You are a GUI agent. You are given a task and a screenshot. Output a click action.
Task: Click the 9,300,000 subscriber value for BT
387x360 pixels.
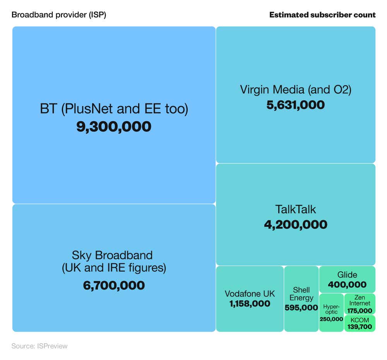(114, 127)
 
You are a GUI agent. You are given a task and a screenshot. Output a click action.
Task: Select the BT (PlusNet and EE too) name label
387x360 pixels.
(114, 109)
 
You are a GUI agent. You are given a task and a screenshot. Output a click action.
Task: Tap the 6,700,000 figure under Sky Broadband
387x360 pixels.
(114, 285)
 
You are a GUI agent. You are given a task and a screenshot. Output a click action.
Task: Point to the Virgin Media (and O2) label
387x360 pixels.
(296, 89)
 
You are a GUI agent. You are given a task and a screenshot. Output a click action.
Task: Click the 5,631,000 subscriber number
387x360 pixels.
(296, 105)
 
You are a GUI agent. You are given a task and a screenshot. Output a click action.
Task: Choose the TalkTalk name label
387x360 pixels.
(296, 209)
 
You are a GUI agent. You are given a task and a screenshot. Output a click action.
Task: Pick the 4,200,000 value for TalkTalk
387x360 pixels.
(296, 225)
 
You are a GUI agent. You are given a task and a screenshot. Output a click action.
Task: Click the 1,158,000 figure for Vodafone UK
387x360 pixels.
(250, 303)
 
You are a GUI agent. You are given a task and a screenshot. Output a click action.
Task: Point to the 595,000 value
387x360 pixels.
(301, 308)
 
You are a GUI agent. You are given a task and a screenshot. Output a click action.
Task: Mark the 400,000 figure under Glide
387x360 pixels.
(347, 285)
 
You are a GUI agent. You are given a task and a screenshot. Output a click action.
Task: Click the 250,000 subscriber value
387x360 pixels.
(331, 319)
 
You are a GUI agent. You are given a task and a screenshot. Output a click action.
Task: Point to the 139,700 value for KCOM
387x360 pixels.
(360, 327)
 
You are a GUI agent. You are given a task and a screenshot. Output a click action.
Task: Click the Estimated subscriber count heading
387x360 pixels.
(322, 15)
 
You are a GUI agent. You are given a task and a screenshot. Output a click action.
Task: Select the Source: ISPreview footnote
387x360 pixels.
(39, 346)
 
